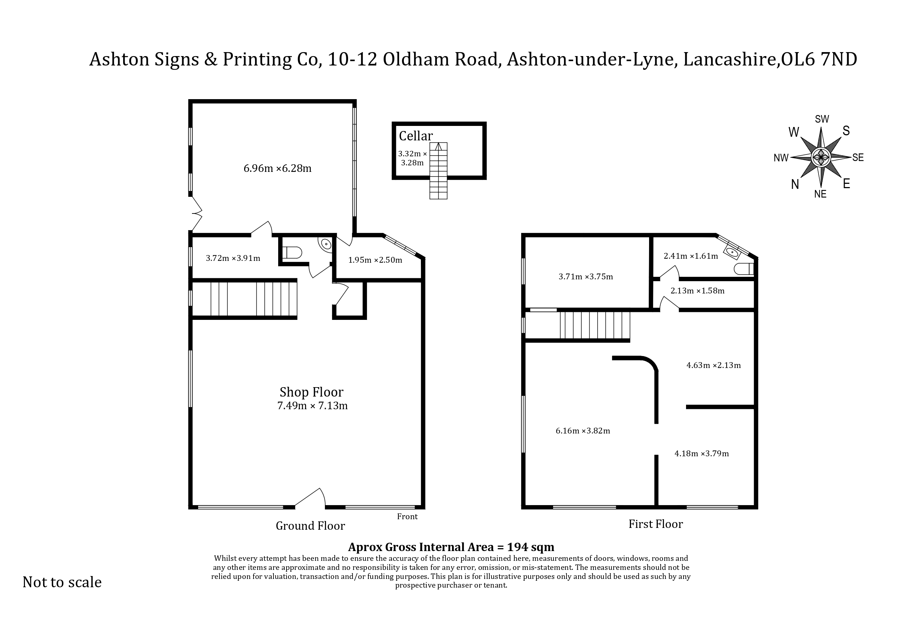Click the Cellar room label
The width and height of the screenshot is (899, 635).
(415, 136)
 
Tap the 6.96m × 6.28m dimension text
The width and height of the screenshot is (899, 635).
(277, 168)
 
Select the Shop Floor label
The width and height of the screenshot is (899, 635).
(311, 392)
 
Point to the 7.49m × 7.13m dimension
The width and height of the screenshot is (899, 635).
(312, 406)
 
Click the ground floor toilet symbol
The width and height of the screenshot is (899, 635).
(292, 252)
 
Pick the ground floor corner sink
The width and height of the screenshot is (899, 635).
(326, 244)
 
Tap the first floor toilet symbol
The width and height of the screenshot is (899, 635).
(744, 269)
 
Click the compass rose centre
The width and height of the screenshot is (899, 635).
(821, 158)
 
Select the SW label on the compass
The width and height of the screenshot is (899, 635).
(822, 119)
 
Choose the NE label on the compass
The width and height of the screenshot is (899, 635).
(820, 194)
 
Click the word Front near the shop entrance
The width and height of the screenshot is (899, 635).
(407, 516)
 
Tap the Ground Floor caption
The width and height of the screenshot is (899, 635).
(310, 526)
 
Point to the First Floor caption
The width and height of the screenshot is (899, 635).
(656, 524)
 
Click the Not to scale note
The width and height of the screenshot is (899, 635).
(62, 582)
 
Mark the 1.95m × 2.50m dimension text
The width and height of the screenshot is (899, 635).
(375, 260)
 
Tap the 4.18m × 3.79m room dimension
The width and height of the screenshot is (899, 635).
(702, 453)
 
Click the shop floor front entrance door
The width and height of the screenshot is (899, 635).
(310, 499)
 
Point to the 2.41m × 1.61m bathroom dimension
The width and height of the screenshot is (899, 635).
(691, 256)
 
